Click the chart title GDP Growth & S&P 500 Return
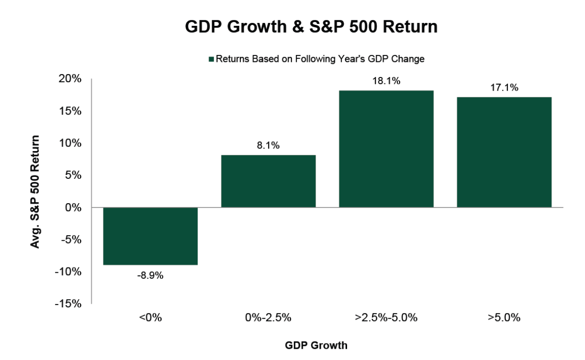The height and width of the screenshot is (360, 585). (x=311, y=27)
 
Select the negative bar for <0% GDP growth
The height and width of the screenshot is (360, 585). (x=150, y=236)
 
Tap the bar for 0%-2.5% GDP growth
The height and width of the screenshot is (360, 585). (x=268, y=181)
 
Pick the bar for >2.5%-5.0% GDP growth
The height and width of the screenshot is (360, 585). (x=386, y=149)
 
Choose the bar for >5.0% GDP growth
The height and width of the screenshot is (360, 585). (x=504, y=152)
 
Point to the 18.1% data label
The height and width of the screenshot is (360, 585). (x=386, y=81)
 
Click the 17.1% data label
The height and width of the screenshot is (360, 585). (x=504, y=88)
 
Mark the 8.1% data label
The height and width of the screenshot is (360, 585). (x=268, y=146)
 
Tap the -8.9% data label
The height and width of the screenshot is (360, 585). (x=150, y=275)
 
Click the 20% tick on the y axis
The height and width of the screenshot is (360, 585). (x=71, y=79)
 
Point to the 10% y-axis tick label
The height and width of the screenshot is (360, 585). (x=71, y=143)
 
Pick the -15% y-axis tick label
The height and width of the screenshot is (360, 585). (x=69, y=303)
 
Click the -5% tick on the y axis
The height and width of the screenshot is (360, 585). (x=72, y=239)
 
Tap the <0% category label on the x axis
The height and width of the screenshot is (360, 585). (x=150, y=318)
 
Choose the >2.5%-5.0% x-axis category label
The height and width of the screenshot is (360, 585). (x=386, y=318)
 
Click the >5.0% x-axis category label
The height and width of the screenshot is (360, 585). (x=504, y=318)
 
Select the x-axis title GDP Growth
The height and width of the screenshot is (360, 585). (x=316, y=346)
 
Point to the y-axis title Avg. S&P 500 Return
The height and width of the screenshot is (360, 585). (x=35, y=191)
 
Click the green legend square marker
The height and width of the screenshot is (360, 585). (x=211, y=59)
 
